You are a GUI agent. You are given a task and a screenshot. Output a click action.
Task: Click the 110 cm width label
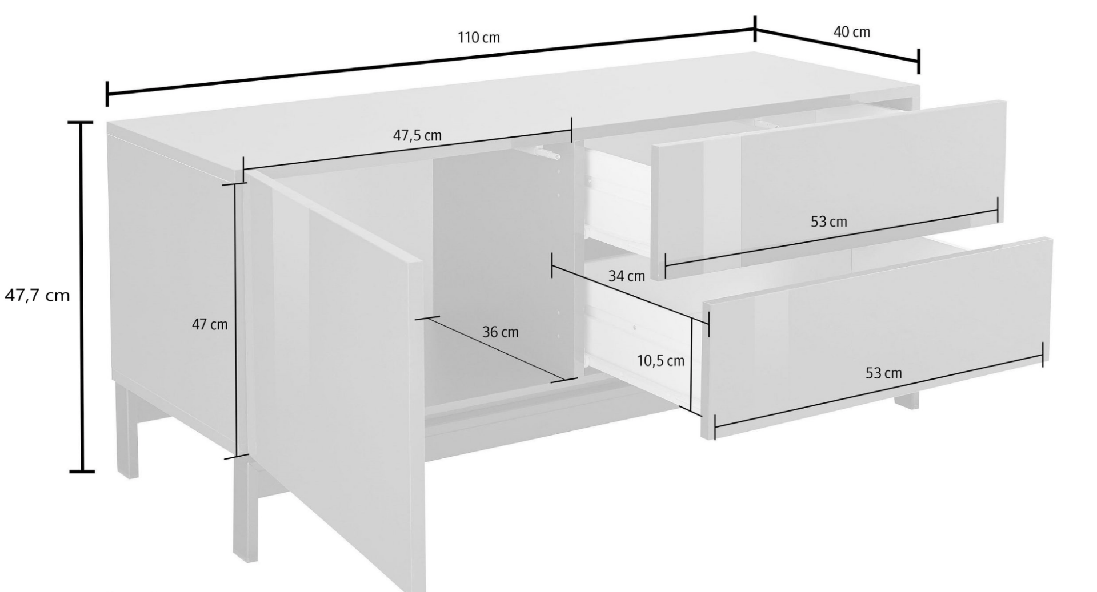[478, 38]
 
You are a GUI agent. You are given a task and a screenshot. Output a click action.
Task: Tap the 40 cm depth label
[851, 32]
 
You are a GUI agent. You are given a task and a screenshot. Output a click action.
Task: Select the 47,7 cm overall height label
[37, 296]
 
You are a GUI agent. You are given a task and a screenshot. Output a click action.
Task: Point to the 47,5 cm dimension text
[417, 136]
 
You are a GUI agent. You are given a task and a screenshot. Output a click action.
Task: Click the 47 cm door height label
[209, 325]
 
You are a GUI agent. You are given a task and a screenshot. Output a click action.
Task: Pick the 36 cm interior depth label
[500, 332]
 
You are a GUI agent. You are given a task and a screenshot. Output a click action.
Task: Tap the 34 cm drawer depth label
[626, 276]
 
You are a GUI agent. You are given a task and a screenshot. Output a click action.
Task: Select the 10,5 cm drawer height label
[660, 361]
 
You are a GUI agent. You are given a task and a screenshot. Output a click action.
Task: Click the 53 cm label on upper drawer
[828, 222]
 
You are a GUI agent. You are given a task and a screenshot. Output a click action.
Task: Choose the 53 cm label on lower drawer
[883, 373]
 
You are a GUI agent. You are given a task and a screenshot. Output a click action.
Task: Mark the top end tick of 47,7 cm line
[81, 123]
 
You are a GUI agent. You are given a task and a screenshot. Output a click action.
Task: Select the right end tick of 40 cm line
[918, 61]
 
